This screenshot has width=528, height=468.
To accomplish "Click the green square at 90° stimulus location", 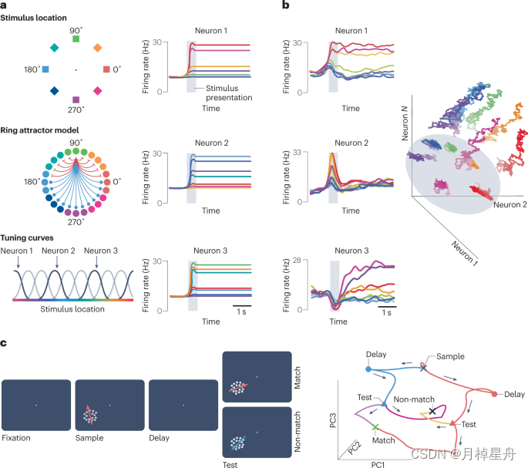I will coord(75,39).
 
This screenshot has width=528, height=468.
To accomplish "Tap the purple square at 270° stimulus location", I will coord(75,100).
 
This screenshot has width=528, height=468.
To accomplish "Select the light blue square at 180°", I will coord(45,69).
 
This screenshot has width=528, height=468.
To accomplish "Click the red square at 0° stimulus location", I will coord(106,69).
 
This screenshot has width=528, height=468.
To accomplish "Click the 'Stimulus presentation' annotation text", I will coord(228,93).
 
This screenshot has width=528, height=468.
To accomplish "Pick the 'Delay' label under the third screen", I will coord(161,437).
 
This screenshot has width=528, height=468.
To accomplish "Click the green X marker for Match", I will coord(375,426).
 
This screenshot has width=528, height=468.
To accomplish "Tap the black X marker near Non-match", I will coord(432,412).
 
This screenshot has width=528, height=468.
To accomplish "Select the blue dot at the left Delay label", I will coord(367,369).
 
